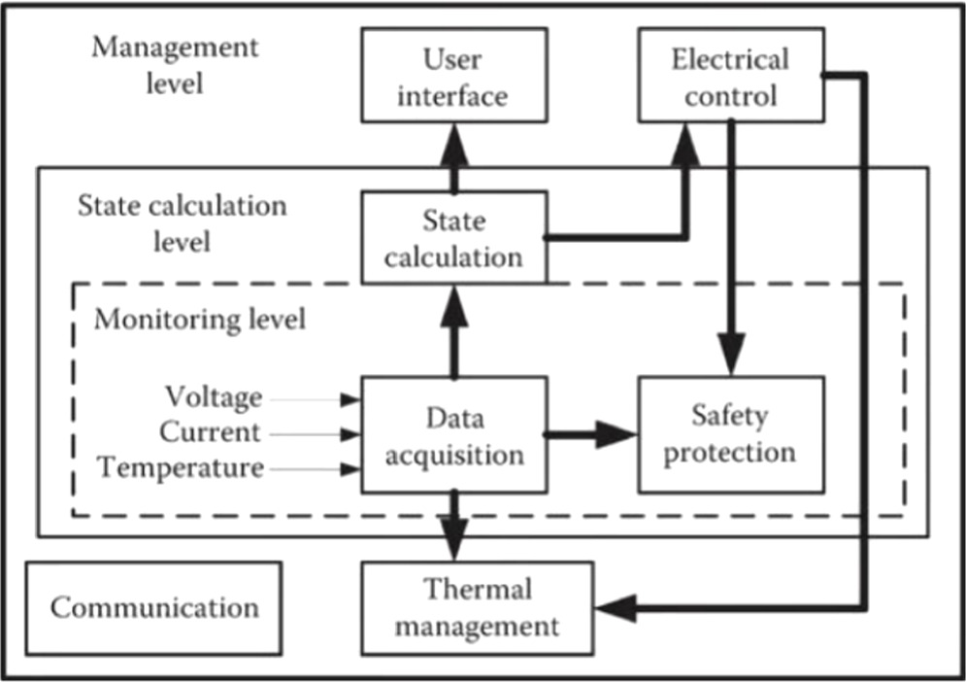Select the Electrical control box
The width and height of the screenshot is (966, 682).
[730, 77]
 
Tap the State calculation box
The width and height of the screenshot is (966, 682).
[451, 238]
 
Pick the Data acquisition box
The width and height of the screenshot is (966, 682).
[451, 435]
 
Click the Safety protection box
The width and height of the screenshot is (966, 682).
[730, 433]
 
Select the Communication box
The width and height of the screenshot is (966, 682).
[154, 607]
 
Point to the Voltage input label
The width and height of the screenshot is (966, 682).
[213, 397]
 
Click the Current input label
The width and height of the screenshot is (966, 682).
[210, 432]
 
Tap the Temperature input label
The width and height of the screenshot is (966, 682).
[181, 467]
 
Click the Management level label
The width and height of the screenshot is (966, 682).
[175, 64]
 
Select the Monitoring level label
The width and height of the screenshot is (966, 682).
[199, 319]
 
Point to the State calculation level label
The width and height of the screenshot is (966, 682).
[182, 222]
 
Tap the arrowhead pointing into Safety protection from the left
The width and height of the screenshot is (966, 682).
[616, 434]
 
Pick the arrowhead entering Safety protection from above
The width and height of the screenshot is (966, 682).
[730, 356]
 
